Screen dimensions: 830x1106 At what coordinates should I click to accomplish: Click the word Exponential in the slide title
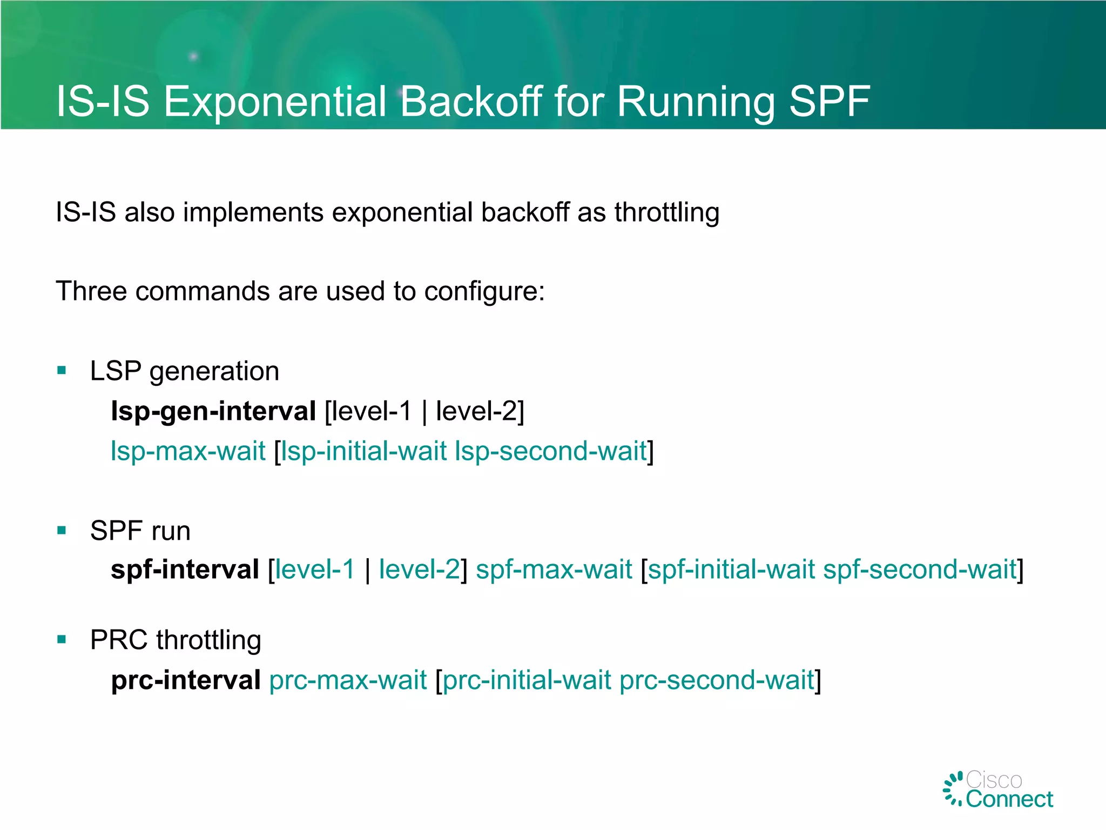click(275, 101)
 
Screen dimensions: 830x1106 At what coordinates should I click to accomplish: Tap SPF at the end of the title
click(829, 101)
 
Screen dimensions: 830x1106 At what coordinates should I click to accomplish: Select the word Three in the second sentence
click(91, 291)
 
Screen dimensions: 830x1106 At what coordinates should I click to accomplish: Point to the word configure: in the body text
click(484, 291)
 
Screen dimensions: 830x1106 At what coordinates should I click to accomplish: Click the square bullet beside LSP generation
click(62, 371)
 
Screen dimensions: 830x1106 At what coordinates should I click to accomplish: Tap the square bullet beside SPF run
click(62, 530)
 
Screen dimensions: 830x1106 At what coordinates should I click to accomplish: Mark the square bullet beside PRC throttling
click(62, 640)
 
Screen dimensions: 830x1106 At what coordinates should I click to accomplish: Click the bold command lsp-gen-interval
click(213, 411)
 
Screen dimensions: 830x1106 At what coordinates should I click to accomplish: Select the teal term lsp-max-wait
click(188, 451)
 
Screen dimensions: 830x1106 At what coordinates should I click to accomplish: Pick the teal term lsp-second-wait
click(550, 451)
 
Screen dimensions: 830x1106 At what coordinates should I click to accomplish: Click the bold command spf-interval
click(185, 570)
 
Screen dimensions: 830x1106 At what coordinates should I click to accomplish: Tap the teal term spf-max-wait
click(554, 570)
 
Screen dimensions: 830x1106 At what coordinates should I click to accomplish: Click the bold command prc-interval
click(186, 680)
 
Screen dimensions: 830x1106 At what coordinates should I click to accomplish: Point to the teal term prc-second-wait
click(716, 680)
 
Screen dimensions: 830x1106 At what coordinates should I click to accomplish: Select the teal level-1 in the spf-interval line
click(315, 570)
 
